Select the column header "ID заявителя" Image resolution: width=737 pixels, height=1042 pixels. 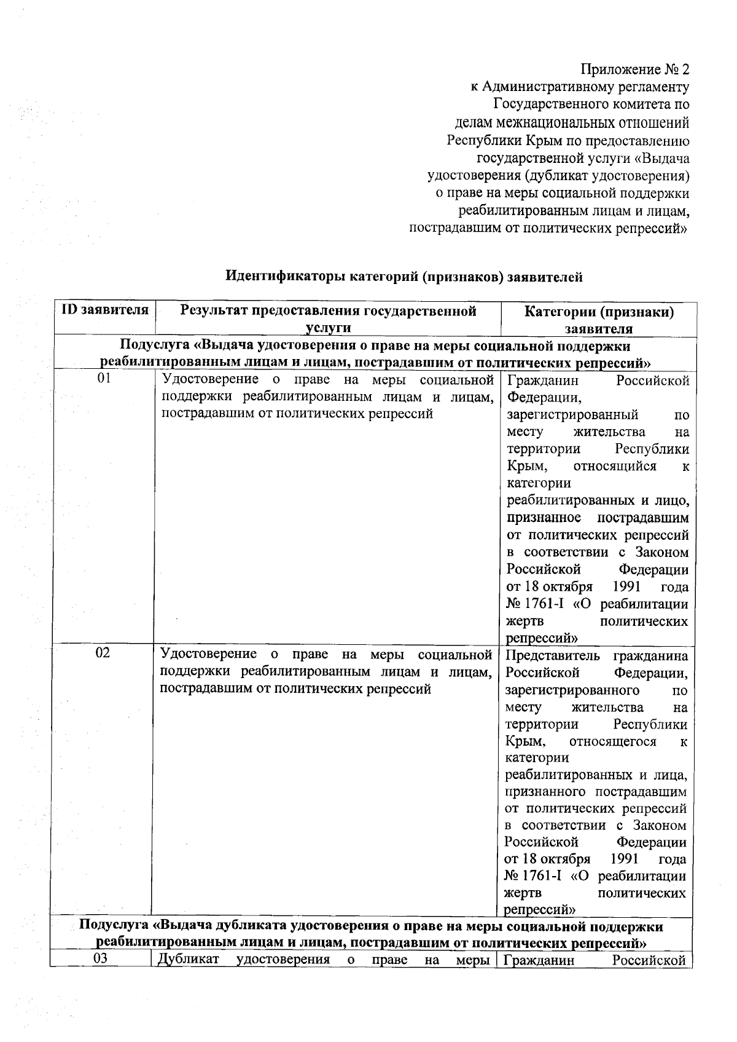[x=105, y=310]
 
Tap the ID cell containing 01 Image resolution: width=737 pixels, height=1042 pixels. [x=105, y=379]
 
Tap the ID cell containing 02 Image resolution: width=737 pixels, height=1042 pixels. [x=103, y=653]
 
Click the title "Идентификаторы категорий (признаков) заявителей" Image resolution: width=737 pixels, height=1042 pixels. [x=404, y=277]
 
